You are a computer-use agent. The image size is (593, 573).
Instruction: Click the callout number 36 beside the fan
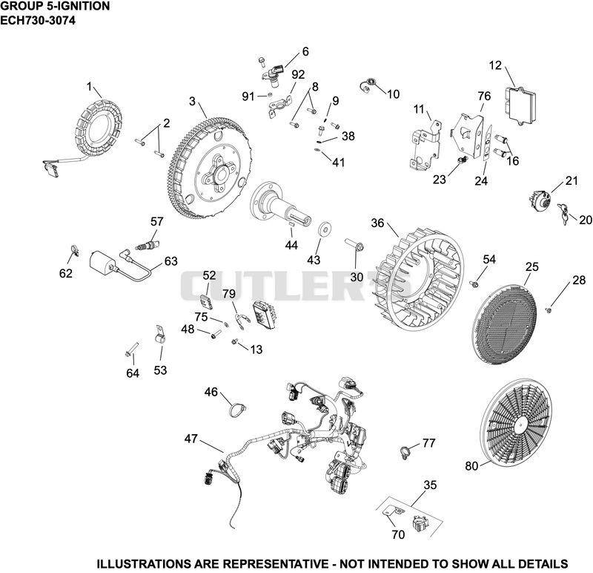[377, 223]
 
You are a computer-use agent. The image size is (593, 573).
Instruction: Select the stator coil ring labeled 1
[100, 131]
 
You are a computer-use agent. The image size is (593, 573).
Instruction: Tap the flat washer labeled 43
[324, 229]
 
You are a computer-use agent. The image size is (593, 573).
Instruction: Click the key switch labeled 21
[540, 199]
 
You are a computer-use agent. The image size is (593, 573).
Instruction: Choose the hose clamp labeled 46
[236, 410]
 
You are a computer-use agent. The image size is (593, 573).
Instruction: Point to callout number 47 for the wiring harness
[191, 439]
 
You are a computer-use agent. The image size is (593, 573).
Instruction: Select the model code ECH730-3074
[38, 20]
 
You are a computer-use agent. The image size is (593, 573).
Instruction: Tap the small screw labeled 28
[549, 310]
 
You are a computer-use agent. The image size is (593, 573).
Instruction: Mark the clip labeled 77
[405, 452]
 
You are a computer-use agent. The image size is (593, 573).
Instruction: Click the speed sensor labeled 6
[273, 73]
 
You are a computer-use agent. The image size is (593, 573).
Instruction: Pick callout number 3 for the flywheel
[193, 102]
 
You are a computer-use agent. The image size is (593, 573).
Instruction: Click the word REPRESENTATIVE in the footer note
[274, 564]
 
